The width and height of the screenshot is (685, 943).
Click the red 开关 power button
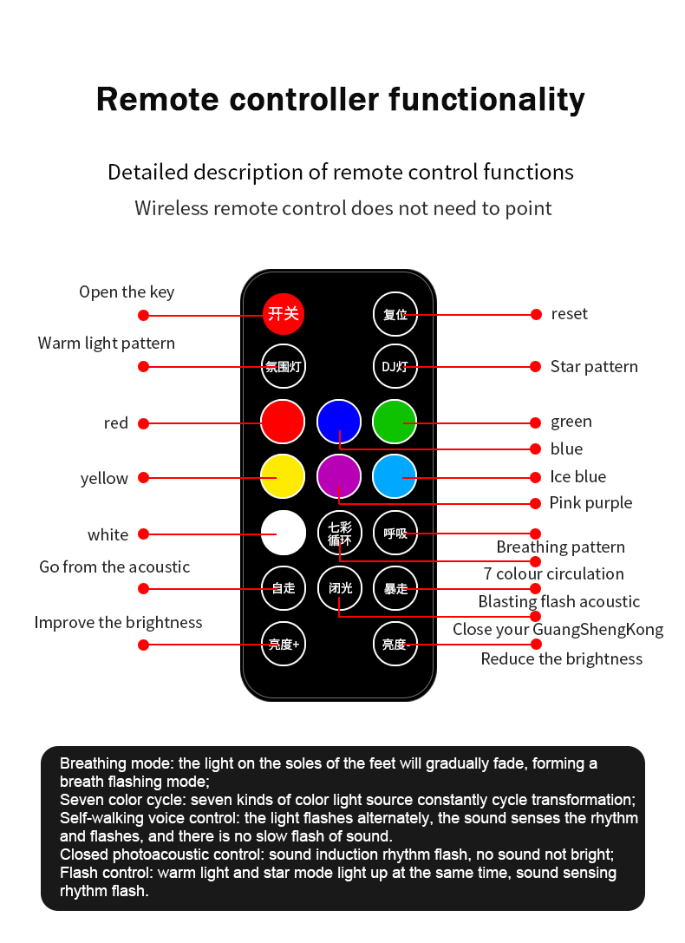(x=284, y=313)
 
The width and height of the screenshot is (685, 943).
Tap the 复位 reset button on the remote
(x=395, y=314)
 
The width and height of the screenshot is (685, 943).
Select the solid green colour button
(x=395, y=422)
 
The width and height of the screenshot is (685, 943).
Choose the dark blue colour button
(x=338, y=422)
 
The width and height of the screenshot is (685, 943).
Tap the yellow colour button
(x=283, y=477)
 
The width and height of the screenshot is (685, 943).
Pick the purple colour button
(x=338, y=477)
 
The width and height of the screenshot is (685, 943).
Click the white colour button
(x=284, y=533)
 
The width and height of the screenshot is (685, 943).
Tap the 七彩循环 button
(x=339, y=533)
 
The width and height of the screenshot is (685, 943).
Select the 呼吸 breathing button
(x=395, y=533)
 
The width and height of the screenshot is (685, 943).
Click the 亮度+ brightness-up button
(x=284, y=644)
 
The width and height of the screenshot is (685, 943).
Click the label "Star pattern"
(x=594, y=367)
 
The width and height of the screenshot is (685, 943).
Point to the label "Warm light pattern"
(x=107, y=344)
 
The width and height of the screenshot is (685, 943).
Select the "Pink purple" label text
(x=590, y=503)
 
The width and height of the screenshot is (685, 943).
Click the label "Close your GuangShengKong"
(x=558, y=630)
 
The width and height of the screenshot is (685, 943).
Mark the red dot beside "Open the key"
(x=144, y=314)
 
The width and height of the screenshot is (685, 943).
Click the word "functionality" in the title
(x=486, y=99)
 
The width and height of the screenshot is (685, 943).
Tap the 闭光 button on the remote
(x=339, y=588)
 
